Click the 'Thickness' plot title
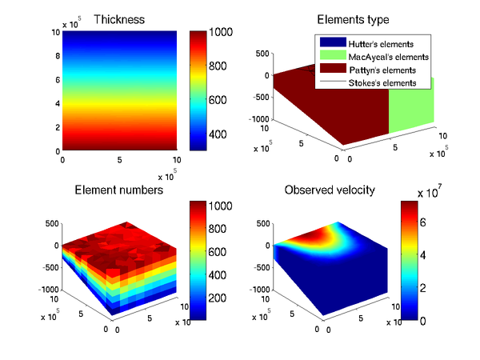(118, 20)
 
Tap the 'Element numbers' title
(118, 190)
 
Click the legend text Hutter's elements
(383, 43)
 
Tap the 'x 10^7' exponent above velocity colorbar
(436, 193)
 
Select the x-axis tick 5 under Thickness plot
(118, 160)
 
